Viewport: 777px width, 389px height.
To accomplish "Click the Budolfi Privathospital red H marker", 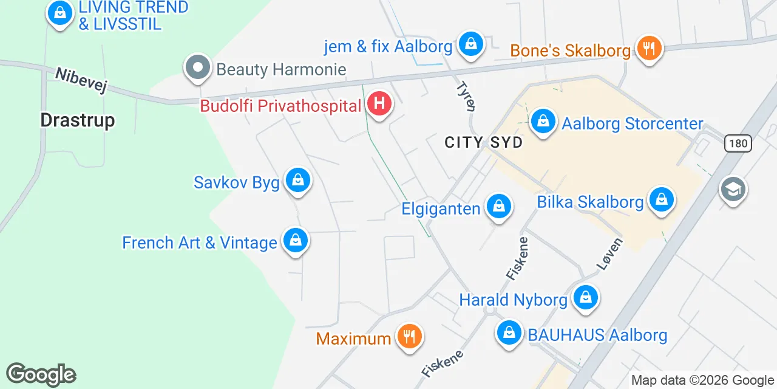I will (x=379, y=104).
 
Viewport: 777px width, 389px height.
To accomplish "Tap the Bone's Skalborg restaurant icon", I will (x=649, y=48).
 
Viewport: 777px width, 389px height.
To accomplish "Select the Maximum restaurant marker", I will (x=410, y=336).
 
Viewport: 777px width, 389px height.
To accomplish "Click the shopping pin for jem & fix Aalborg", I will (x=470, y=44).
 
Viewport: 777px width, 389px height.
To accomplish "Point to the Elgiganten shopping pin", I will (x=498, y=207).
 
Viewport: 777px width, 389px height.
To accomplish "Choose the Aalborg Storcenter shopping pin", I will (x=543, y=122).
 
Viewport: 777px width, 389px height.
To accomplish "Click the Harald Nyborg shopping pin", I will (x=586, y=298).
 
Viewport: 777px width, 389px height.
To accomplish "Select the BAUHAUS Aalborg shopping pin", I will (x=509, y=333).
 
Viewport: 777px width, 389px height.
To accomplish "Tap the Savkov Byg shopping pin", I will (x=297, y=181).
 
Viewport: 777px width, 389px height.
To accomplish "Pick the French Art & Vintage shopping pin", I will (x=295, y=241).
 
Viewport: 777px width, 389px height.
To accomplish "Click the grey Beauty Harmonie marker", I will (x=197, y=68).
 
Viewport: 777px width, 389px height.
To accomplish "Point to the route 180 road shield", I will (x=738, y=143).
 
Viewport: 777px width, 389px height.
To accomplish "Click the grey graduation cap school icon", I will (x=733, y=190).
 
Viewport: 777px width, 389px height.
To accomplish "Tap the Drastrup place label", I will (x=78, y=120).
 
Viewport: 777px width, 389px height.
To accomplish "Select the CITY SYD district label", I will (x=484, y=142).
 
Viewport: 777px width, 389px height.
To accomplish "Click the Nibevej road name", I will (x=81, y=80).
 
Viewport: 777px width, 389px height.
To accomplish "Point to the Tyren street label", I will (x=466, y=96).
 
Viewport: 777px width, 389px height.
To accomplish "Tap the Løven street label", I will (x=609, y=254).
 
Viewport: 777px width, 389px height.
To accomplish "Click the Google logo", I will (x=41, y=374).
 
